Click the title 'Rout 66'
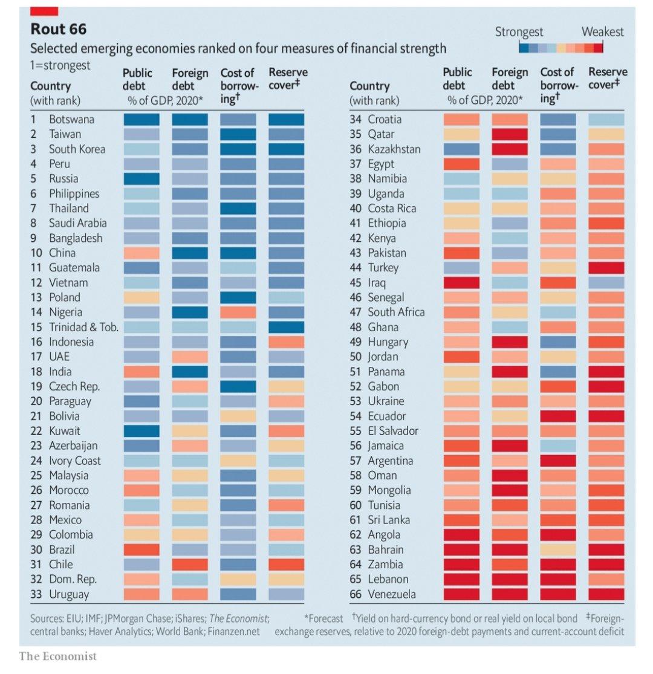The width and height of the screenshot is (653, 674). [59, 29]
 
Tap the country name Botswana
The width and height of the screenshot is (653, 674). [72, 119]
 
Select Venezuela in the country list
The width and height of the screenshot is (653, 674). [391, 594]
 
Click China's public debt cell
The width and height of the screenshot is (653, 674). [141, 253]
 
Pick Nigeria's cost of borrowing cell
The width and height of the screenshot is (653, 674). [238, 312]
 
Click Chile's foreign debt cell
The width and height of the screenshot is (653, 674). [190, 564]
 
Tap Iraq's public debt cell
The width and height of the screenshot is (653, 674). [461, 282]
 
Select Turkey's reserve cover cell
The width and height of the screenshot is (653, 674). [606, 267]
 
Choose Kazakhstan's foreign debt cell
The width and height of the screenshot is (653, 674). [510, 149]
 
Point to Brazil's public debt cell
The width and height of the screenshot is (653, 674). [141, 549]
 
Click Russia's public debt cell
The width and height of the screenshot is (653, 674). [141, 178]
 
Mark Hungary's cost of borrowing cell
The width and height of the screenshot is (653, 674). [557, 342]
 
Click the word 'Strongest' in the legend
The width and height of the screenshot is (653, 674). [519, 32]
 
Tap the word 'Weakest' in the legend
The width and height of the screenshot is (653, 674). [602, 32]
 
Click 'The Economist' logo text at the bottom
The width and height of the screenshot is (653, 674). [57, 656]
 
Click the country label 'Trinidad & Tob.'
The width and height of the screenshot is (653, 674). [83, 327]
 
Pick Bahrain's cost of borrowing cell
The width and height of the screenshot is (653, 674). [557, 549]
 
